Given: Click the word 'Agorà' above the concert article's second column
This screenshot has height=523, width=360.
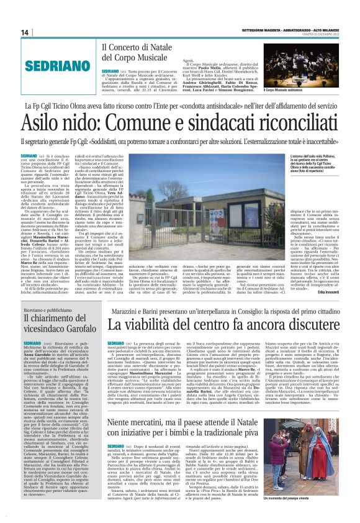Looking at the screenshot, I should (205, 57).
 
